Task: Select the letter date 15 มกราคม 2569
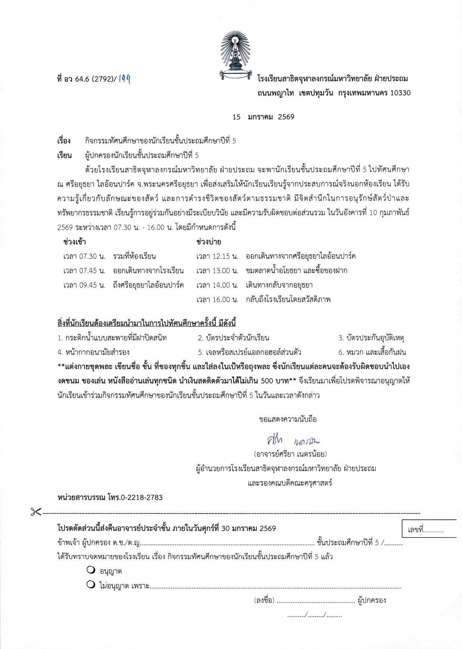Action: coord(263,117)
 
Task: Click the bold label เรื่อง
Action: coord(64,141)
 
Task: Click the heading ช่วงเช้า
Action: coord(75,242)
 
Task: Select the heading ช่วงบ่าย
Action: coord(209,242)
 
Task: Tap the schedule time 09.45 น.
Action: coord(84,285)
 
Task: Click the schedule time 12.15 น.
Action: coord(217,256)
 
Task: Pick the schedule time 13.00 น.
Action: coord(217,271)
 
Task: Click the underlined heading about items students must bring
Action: coord(149,322)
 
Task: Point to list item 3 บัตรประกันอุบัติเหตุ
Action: coord(372,338)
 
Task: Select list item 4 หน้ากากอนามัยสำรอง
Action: coord(94,352)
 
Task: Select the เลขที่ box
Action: coord(429,529)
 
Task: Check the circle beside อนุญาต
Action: coord(90,570)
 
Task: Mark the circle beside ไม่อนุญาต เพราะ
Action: coord(90,585)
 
